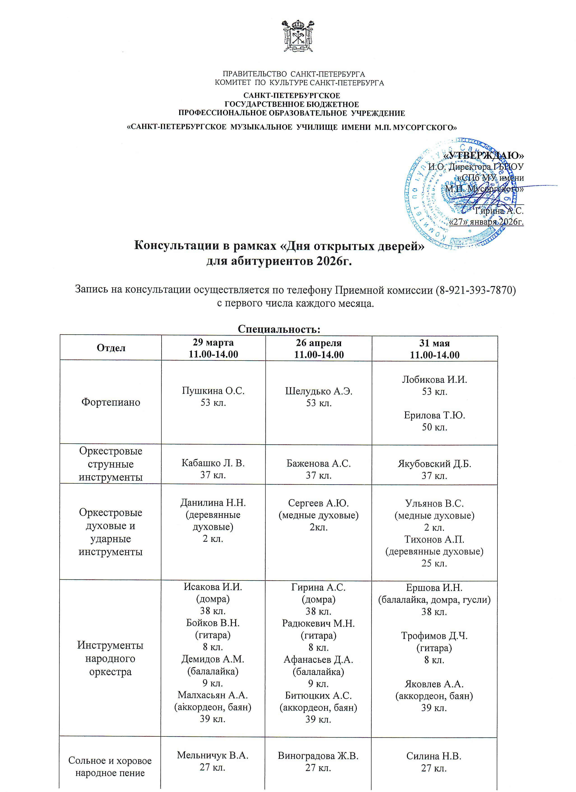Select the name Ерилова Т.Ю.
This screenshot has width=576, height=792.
click(434, 415)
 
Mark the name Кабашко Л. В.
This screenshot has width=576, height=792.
click(213, 463)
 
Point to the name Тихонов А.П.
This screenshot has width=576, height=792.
click(434, 540)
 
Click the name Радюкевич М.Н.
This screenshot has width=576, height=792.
click(318, 623)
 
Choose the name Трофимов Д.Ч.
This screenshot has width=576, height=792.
click(434, 636)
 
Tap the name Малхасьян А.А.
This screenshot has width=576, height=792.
click(213, 695)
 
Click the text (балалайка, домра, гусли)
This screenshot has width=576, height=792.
click(434, 600)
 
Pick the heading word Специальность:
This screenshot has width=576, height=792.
click(279, 329)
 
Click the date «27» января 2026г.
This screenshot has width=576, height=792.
click(486, 222)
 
